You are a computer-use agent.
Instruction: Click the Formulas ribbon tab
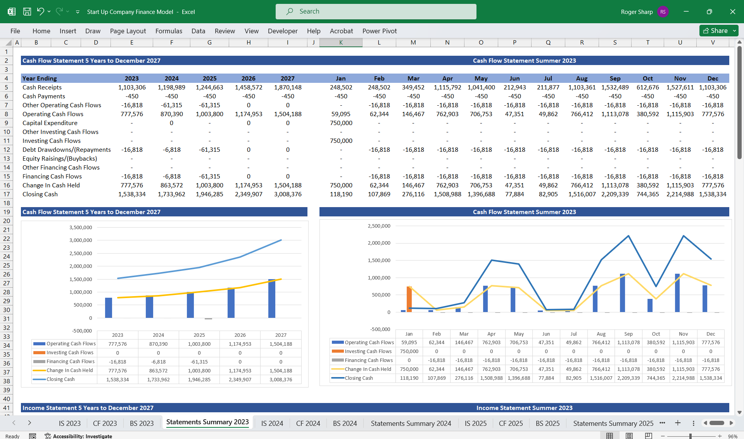click(x=169, y=31)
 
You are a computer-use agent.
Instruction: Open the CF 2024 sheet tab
click(x=308, y=423)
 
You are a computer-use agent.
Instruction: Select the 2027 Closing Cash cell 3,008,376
click(x=288, y=194)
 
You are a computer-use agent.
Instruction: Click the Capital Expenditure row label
click(x=50, y=123)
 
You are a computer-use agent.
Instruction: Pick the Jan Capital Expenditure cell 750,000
click(x=341, y=123)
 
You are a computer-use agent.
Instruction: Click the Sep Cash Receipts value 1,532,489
click(x=615, y=87)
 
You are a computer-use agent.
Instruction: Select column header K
click(x=341, y=43)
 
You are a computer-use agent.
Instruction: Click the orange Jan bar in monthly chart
click(x=409, y=299)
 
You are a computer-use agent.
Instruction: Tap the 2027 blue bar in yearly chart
click(x=272, y=298)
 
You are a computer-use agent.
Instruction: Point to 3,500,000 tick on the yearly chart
click(x=81, y=227)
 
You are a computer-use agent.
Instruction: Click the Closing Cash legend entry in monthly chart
click(x=359, y=378)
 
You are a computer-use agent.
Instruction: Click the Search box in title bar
click(x=376, y=12)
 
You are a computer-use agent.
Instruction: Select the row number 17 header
click(x=7, y=194)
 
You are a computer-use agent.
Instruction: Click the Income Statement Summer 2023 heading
click(x=524, y=408)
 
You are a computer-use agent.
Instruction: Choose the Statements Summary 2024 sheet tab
click(x=411, y=423)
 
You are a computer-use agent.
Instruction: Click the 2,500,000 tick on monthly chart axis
click(x=379, y=226)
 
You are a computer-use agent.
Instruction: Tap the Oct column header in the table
click(x=647, y=78)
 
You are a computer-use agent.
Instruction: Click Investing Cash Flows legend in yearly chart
click(x=70, y=352)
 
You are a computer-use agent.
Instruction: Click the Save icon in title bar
click(x=27, y=12)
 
